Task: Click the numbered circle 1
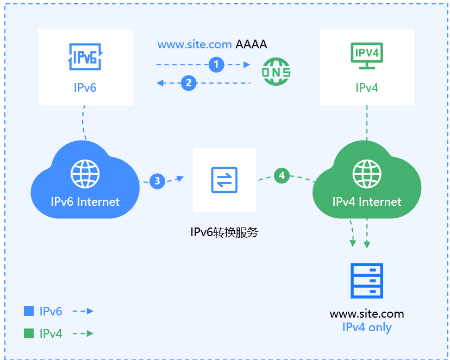coord(216,65)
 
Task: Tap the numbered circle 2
coord(189,83)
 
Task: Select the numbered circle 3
coord(158,181)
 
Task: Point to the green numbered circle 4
coord(282,175)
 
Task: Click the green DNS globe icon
coord(276,72)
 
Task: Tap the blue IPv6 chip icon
coord(85,56)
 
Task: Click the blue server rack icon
coord(367,281)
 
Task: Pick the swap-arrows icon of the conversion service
coord(224,180)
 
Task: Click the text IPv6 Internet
coord(85,202)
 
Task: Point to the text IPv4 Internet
coord(367,202)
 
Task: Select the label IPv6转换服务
coord(224,232)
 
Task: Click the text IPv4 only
coord(367,327)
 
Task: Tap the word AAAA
coord(252,45)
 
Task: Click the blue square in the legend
coord(29,311)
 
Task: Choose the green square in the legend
coord(29,333)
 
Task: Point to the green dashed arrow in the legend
coord(83,333)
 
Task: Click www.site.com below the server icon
coord(367,314)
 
